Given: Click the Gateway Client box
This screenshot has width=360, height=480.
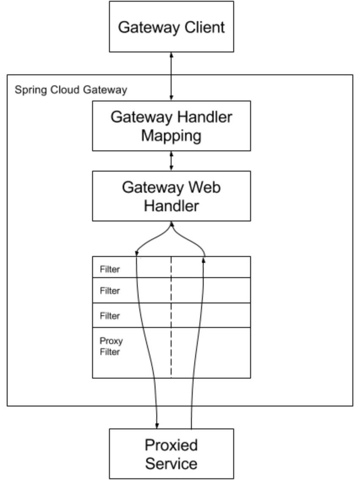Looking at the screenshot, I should point(171,26).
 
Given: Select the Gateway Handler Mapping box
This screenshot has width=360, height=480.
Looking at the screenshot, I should point(171,125).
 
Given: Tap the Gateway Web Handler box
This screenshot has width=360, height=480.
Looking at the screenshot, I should point(171,196).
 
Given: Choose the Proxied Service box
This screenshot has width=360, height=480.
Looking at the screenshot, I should point(171,454).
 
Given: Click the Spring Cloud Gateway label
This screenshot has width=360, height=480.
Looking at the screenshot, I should point(71,90).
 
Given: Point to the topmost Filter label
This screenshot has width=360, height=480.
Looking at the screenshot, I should point(109,269).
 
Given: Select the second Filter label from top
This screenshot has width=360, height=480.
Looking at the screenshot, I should point(109,291).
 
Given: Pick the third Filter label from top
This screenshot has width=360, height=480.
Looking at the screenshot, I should point(109,316).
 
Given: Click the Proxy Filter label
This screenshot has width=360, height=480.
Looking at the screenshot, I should point(111,346).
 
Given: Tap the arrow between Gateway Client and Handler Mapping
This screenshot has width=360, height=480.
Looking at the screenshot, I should point(171,76).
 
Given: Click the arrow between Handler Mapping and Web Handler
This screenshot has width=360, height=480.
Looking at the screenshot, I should point(171,161).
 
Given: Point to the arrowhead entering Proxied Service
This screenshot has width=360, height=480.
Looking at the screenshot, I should point(157,425).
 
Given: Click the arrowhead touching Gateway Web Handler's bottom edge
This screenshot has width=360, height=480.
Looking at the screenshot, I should point(171,224).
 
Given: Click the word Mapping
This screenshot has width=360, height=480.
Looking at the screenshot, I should point(171,136).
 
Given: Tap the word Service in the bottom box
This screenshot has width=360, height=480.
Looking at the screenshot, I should point(171,463).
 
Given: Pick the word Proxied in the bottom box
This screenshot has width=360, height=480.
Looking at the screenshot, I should point(171,445).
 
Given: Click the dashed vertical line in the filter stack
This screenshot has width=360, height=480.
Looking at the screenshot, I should point(171,321).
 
